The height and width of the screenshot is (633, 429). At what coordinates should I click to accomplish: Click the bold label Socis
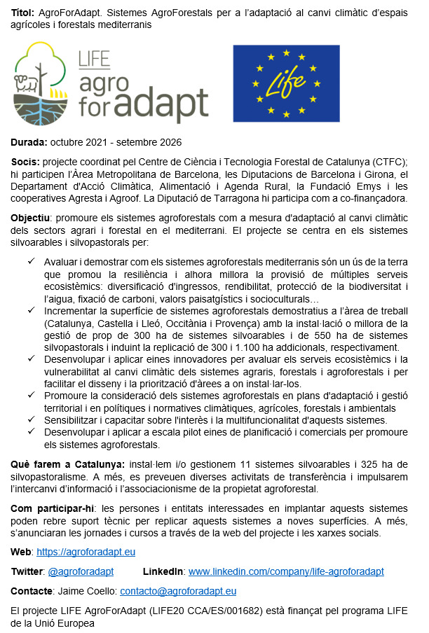click(25, 162)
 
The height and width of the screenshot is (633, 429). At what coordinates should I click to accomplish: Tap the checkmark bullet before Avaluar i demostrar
click(31, 261)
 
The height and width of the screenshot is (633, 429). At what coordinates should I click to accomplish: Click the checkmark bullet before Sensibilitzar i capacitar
click(31, 419)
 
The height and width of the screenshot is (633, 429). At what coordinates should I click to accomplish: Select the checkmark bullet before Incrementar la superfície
click(31, 311)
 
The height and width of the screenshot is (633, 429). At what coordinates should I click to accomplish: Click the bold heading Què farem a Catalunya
click(67, 464)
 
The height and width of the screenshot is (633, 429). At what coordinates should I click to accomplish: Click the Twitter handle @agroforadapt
click(81, 571)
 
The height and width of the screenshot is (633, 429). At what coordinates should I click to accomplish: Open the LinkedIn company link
click(286, 571)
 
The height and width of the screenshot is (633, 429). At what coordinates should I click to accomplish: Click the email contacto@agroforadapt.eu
click(178, 591)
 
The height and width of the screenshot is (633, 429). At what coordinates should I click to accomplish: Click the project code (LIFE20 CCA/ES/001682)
click(222, 611)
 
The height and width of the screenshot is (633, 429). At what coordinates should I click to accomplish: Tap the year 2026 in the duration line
click(170, 142)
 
